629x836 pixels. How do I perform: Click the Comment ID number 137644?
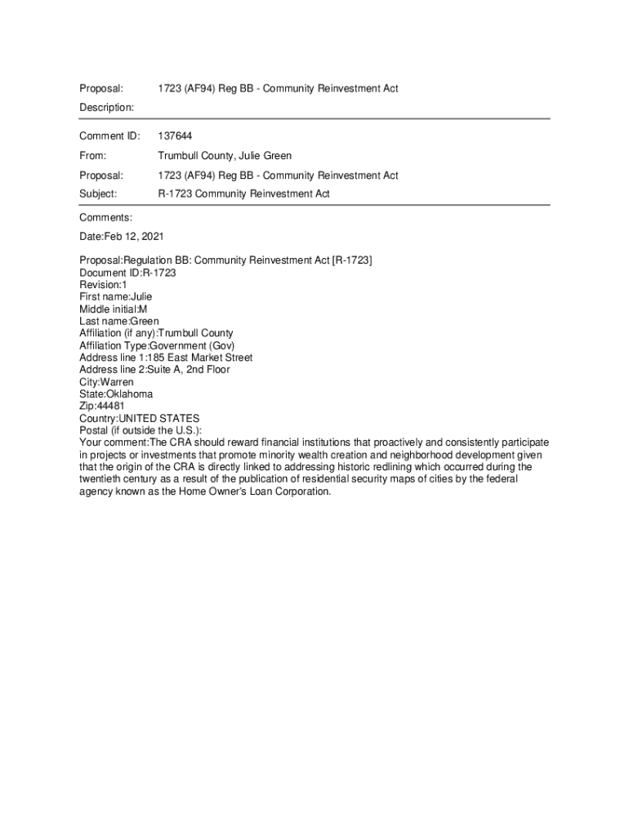(x=175, y=136)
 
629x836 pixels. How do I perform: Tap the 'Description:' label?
(x=106, y=108)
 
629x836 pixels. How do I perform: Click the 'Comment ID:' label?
(x=109, y=136)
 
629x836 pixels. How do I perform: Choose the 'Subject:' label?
(x=98, y=194)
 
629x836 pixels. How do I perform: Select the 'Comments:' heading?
(x=105, y=217)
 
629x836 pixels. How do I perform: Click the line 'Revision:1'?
(x=103, y=285)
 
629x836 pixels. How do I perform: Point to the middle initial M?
(x=143, y=309)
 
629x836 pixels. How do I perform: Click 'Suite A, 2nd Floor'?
(x=188, y=370)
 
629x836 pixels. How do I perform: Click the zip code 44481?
(x=111, y=407)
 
